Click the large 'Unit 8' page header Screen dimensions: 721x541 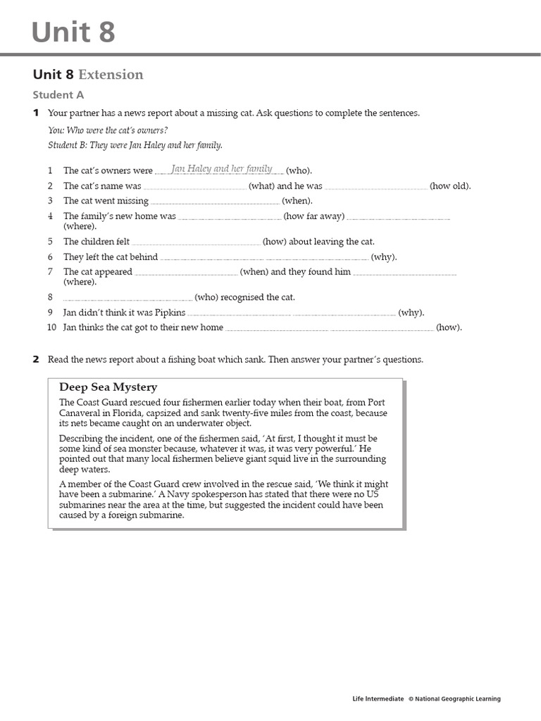click(73, 32)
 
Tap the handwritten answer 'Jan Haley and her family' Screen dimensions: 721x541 click(221, 169)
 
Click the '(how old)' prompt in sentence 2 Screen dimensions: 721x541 click(451, 186)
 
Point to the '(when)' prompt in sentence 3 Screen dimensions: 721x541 click(297, 201)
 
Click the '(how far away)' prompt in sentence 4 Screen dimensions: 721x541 click(314, 216)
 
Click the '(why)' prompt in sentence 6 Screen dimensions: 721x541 click(384, 257)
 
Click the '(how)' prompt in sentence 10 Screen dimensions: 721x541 click(449, 327)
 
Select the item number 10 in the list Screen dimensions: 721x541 click(51, 327)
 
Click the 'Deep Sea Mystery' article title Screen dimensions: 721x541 click(108, 387)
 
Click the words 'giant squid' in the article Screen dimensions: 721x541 click(287, 459)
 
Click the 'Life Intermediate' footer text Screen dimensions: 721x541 click(378, 699)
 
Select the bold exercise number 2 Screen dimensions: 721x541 click(36, 360)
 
